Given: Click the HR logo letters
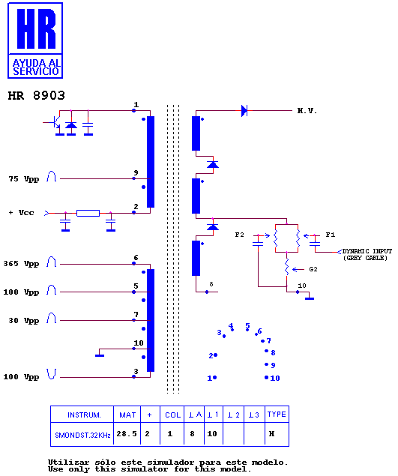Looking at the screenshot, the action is click(x=37, y=28).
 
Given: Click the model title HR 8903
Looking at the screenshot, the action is click(x=37, y=96).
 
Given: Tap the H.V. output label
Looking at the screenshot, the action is click(x=307, y=111).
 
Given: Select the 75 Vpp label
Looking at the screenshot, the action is click(x=24, y=179).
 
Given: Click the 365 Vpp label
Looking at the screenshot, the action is click(x=21, y=264).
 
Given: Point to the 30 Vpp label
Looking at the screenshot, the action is click(x=24, y=321).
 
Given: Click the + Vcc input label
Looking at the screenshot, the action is click(x=21, y=212).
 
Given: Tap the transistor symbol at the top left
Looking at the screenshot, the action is click(x=56, y=123).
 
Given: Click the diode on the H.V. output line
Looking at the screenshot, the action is click(x=244, y=110).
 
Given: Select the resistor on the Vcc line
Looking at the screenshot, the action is click(x=88, y=213).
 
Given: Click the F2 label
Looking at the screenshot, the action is click(x=240, y=235).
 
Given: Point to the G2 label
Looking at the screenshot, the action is click(x=313, y=269).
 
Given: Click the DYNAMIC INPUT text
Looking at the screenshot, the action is click(x=367, y=251).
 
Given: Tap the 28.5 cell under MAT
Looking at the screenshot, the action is click(x=127, y=433).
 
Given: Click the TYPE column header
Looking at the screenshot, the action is click(x=277, y=415).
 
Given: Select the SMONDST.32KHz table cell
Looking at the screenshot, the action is click(x=82, y=435).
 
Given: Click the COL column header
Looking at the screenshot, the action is click(x=172, y=415).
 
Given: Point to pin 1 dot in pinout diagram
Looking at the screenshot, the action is click(x=214, y=378).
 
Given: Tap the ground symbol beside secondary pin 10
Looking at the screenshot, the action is click(x=310, y=298).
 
